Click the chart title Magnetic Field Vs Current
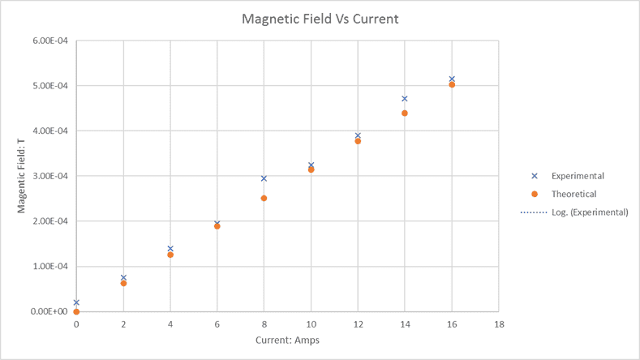point(320,19)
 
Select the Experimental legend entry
point(577,176)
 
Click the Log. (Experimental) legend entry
point(589,212)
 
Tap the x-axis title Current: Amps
point(287,340)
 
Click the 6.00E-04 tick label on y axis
point(48,41)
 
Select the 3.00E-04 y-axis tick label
point(48,176)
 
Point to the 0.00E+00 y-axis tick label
point(48,311)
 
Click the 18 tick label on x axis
point(499,324)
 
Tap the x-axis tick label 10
point(311,324)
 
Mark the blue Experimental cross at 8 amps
point(264,178)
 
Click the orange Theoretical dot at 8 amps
point(264,198)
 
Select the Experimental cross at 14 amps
point(405,99)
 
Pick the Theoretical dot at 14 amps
point(405,113)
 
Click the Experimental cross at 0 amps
point(76,302)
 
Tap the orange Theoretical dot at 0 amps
point(76,311)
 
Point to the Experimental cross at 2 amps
point(123,277)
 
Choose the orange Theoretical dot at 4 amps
point(170,255)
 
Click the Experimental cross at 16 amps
point(452,79)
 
